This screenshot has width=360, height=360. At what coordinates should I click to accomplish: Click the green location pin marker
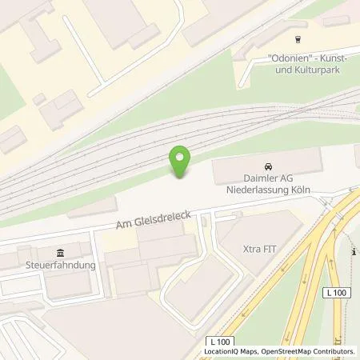(x=182, y=159)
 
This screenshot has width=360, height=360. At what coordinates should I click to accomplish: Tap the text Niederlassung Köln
(x=267, y=191)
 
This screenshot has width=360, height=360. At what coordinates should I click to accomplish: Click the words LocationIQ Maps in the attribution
(x=230, y=352)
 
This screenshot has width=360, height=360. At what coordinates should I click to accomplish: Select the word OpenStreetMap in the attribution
(x=288, y=352)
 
